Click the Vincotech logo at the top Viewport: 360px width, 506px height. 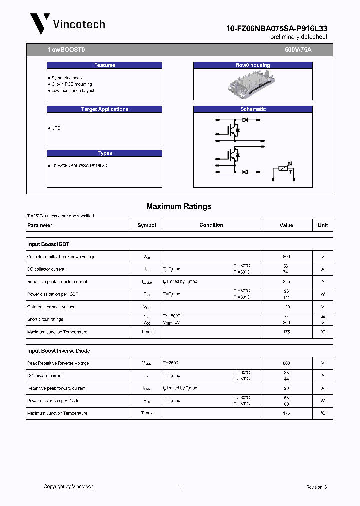coord(67,24)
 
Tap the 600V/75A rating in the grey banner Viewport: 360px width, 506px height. coord(298,50)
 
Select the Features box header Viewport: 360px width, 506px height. coord(104,65)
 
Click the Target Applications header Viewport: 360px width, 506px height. coord(104,109)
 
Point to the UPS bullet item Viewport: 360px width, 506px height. coord(55,128)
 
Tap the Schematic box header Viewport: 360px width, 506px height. coord(253,109)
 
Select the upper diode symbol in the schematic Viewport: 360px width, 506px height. coord(245,120)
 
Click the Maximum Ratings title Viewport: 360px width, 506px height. coord(178,206)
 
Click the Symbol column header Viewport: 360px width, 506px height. coord(147,225)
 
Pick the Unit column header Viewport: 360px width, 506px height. coord(323,225)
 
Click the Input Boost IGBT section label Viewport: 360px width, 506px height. coord(48,244)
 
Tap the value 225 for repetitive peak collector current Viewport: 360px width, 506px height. coord(286,282)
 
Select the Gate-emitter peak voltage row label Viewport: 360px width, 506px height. coord(52,307)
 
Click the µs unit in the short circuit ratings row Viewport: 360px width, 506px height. coord(323,316)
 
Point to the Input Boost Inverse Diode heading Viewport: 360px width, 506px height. coord(59,351)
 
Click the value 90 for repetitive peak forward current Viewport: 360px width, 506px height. coord(286,388)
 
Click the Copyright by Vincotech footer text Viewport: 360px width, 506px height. coord(68,486)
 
